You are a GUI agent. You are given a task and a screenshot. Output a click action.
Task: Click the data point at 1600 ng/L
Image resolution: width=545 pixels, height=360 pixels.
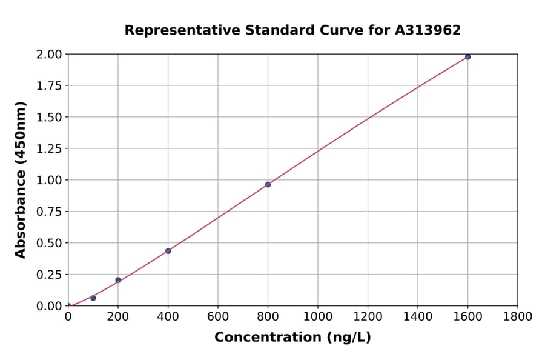[x=467, y=57]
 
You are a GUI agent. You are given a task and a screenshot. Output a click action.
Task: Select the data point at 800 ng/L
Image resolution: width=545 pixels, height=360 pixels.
[x=268, y=184]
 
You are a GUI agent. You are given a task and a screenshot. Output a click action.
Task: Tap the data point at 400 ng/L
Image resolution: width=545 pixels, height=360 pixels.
[x=168, y=251]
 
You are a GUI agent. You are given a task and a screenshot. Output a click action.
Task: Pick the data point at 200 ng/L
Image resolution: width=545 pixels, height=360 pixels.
[x=118, y=280]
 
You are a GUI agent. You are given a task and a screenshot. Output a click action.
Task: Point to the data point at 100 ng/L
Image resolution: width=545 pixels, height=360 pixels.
[x=93, y=298]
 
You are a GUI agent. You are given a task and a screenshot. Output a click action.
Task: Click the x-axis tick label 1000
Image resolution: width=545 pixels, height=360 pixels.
[x=318, y=317]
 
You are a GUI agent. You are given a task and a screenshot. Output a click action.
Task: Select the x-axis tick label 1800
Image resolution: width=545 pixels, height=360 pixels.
[x=518, y=317]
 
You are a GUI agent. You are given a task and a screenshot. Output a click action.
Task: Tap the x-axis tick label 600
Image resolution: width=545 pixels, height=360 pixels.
[x=218, y=317]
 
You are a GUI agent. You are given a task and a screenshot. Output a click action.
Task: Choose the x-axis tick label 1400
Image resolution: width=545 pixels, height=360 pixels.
[x=418, y=317]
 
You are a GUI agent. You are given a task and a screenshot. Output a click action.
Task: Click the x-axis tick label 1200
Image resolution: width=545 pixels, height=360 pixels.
[x=368, y=317]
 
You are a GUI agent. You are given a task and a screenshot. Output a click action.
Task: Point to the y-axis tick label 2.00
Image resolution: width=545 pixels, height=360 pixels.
[x=49, y=55]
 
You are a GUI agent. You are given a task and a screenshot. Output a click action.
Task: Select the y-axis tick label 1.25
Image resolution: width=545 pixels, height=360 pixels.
[x=49, y=149]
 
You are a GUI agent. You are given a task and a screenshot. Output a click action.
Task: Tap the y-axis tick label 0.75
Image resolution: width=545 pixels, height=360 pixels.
[x=49, y=212]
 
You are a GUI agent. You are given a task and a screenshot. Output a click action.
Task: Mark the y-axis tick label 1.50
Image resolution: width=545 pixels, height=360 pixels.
[x=49, y=118]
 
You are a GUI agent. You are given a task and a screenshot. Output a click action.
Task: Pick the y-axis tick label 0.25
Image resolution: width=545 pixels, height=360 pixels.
[x=49, y=275]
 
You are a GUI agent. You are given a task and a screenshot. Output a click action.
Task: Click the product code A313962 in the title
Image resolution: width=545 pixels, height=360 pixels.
[x=428, y=30]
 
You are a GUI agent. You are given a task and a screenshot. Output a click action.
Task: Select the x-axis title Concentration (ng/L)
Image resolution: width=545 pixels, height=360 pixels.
[x=292, y=338]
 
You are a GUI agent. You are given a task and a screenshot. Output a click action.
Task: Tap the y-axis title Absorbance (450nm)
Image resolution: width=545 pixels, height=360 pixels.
[x=21, y=180]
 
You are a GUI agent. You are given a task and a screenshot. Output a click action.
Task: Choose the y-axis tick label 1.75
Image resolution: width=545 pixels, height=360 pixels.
[x=49, y=86]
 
